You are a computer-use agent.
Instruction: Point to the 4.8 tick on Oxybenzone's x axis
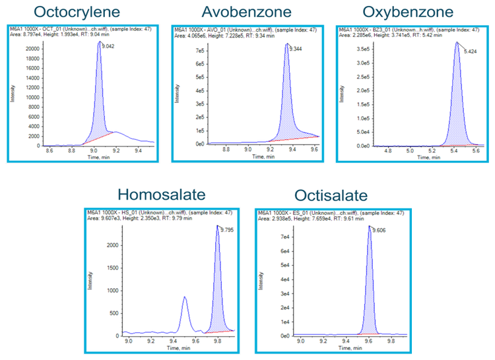coord(388,150)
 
